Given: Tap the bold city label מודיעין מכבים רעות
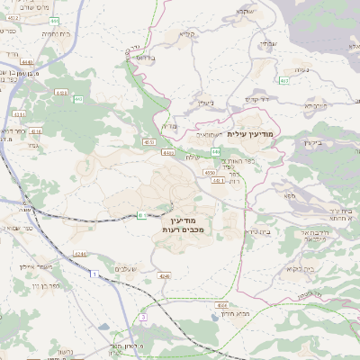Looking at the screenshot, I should [x=187, y=226].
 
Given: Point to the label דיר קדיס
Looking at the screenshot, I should [x=257, y=98].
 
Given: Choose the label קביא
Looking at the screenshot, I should [x=186, y=34].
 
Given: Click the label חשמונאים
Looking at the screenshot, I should [x=209, y=133].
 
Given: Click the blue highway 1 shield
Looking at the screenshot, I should [x=93, y=284].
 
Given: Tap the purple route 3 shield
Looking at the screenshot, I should [x=142, y=317].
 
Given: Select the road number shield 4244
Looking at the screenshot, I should [x=80, y=253].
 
